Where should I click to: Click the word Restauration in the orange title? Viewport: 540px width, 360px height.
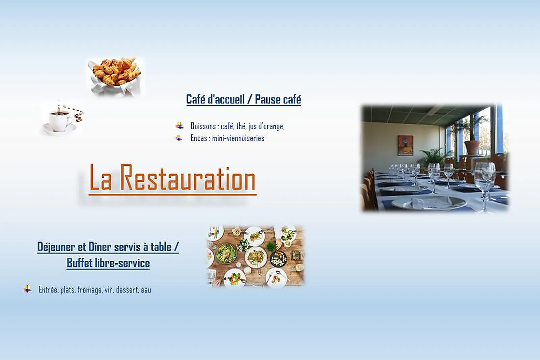[x=188, y=177]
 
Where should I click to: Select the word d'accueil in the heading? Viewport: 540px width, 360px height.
[x=226, y=99]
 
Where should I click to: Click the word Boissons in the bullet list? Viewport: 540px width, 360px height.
[x=203, y=126]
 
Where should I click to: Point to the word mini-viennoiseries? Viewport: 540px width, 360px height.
[x=238, y=138]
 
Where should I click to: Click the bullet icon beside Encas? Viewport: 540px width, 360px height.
[x=179, y=138]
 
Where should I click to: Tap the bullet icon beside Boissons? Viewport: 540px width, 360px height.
[x=179, y=126]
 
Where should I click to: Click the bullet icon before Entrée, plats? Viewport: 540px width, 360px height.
[x=27, y=289]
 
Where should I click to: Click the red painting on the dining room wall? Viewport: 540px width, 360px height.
[x=405, y=145]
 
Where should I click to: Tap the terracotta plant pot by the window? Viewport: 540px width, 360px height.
[x=472, y=148]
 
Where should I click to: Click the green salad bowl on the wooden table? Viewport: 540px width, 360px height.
[x=226, y=253]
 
